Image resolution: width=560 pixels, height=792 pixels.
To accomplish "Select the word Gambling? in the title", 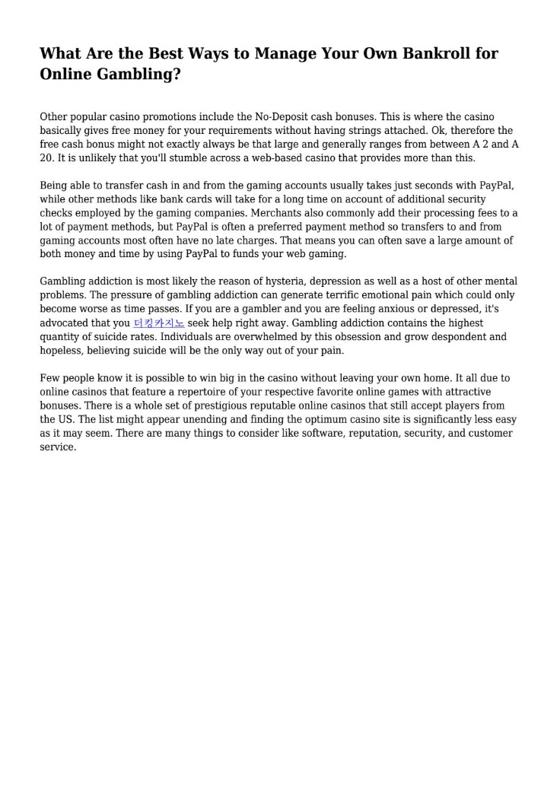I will (139, 75).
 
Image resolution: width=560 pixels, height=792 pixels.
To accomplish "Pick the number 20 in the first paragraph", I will (46, 158).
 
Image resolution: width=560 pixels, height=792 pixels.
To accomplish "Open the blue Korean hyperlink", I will (158, 323).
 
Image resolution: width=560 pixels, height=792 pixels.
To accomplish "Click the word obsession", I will (317, 337).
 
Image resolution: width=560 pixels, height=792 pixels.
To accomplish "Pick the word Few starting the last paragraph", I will (49, 378).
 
